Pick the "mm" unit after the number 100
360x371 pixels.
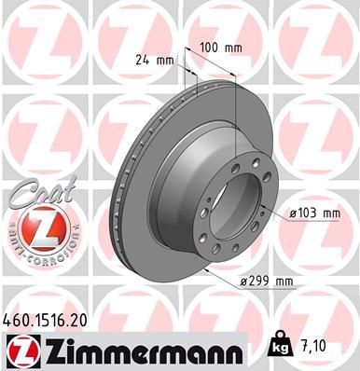click(x=234, y=46)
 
